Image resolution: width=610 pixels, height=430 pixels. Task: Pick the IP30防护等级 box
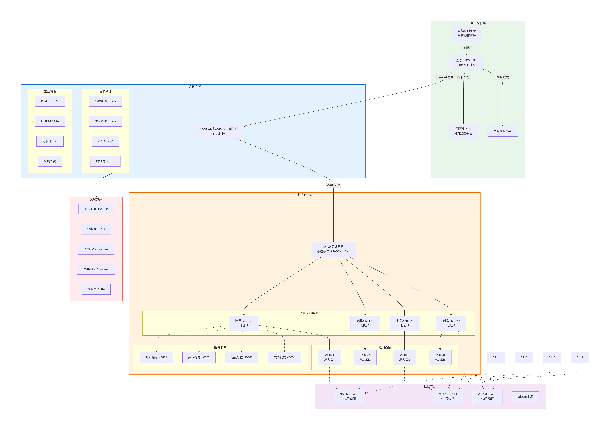click(x=50, y=121)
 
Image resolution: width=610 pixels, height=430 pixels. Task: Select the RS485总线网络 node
click(x=333, y=249)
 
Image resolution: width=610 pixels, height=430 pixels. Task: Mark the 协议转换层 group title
click(x=193, y=87)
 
